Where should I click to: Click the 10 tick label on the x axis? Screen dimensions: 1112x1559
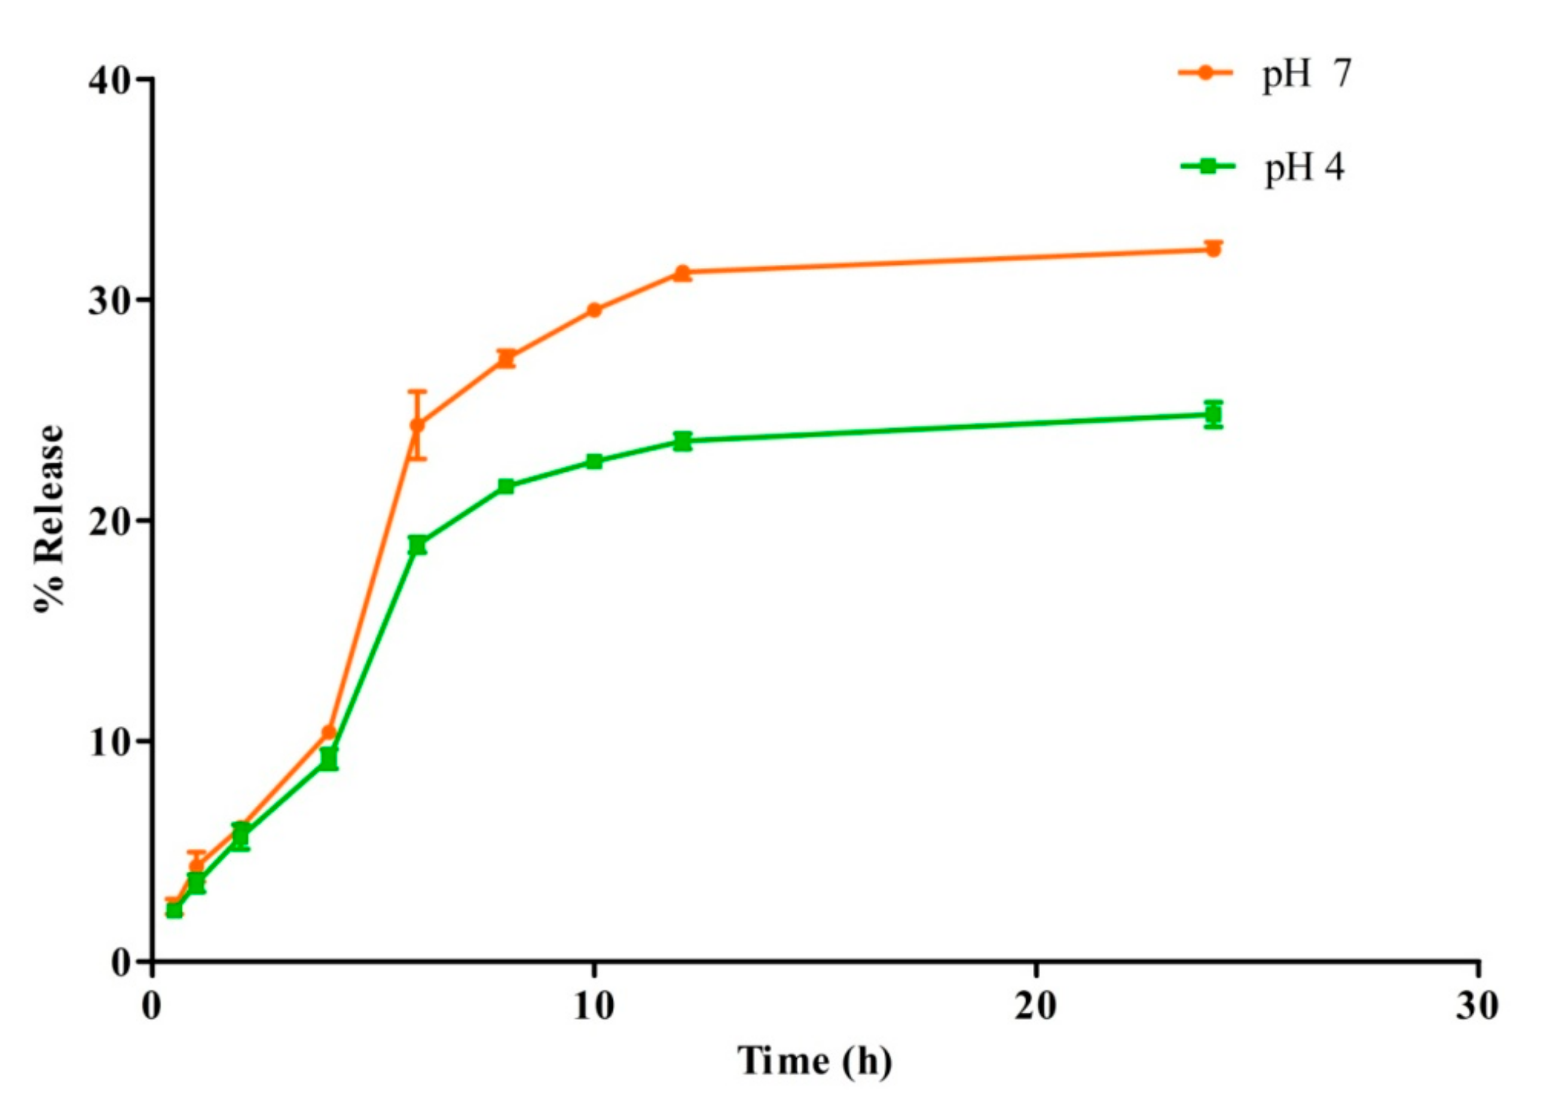click(x=593, y=1007)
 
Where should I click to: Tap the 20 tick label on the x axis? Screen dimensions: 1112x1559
click(x=1035, y=1007)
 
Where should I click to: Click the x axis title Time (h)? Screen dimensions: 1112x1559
click(x=814, y=1062)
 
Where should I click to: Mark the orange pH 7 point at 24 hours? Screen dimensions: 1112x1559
click(x=1212, y=250)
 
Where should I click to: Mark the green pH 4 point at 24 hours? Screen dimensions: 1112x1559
click(x=1212, y=414)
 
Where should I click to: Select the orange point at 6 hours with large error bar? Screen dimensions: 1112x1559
click(x=417, y=425)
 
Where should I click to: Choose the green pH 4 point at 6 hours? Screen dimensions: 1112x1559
click(x=417, y=545)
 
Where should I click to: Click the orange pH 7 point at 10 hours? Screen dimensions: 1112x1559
click(x=594, y=310)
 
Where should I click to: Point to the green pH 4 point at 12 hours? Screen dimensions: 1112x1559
click(x=682, y=441)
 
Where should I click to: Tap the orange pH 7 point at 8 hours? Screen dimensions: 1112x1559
click(x=506, y=358)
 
